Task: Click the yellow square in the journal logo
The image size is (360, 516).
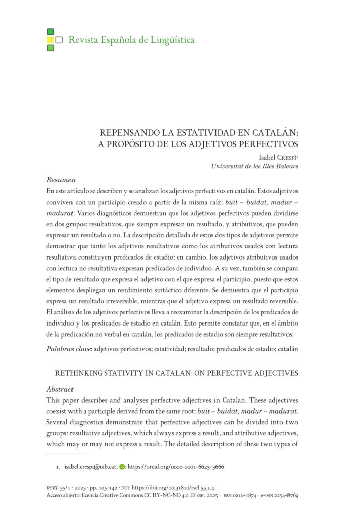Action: [50, 40]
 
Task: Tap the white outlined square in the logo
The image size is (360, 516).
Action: [59, 40]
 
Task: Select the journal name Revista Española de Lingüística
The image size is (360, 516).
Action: [131, 40]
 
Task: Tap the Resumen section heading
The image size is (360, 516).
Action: [61, 180]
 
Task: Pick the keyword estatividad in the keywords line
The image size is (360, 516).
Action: [177, 348]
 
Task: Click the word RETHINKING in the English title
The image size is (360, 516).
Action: [83, 373]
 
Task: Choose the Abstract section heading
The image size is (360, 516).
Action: [60, 389]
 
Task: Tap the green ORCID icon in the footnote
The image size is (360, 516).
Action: [122, 467]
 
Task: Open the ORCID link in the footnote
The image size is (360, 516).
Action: [176, 467]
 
